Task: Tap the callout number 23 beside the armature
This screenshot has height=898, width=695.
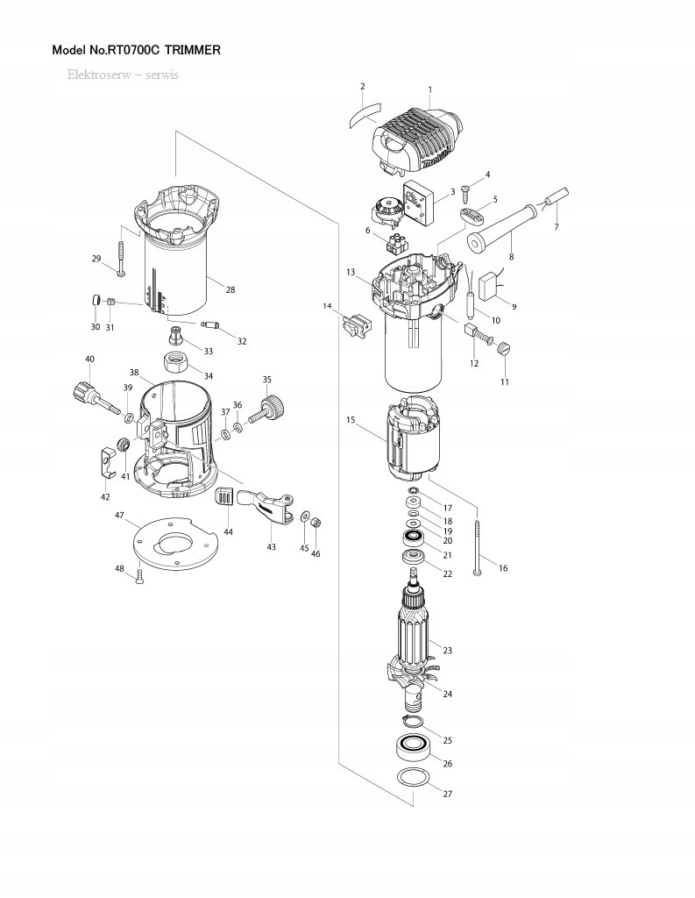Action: pos(447,651)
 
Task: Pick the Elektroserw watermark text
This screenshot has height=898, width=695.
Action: pos(123,75)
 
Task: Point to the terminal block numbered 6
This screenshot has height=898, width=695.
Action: pos(396,240)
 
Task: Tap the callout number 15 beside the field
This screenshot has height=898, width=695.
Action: pos(351,421)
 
